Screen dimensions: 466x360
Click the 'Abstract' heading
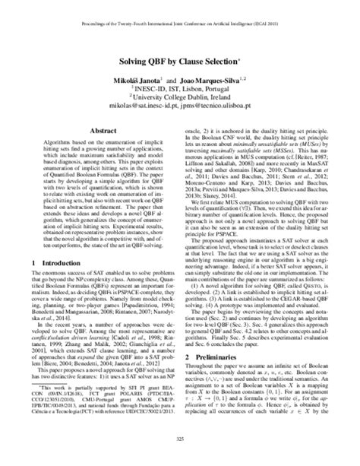103,130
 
